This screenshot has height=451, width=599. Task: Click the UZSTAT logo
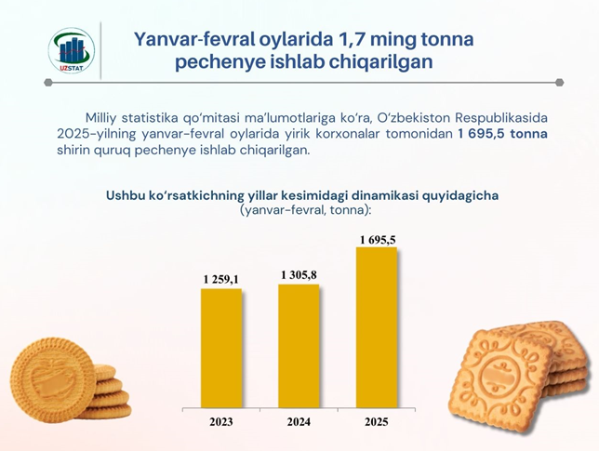[x=72, y=50]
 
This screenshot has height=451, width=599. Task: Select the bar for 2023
[x=221, y=349]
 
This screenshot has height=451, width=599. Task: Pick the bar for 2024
[x=299, y=346]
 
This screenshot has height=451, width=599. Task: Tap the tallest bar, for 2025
[x=377, y=327]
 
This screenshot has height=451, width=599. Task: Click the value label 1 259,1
[x=221, y=280]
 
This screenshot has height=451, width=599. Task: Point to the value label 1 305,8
[x=299, y=275]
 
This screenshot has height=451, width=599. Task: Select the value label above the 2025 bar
[x=378, y=240]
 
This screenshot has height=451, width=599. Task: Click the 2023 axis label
[x=221, y=421]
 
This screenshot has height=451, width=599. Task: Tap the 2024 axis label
[x=299, y=421]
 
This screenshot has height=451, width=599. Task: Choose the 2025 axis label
[x=377, y=421]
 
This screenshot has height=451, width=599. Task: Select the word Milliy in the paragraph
[x=100, y=117]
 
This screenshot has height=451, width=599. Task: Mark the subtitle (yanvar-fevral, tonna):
[x=306, y=210]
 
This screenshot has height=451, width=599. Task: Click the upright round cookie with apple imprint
[x=53, y=379]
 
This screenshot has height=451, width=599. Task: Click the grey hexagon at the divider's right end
[x=559, y=82]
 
